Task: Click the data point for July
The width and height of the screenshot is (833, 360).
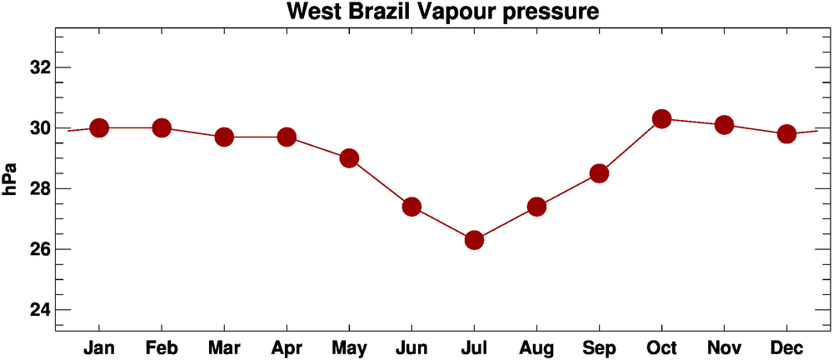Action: click(x=474, y=240)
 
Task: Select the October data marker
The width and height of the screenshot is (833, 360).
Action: click(x=661, y=119)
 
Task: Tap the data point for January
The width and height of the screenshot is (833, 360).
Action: click(x=99, y=127)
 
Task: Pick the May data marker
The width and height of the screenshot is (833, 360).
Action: click(x=349, y=158)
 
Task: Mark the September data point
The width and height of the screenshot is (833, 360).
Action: click(x=599, y=173)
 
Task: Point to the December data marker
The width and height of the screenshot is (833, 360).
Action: click(x=786, y=134)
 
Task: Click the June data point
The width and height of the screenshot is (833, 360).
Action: click(x=412, y=207)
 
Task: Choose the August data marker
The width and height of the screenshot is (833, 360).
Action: click(x=536, y=207)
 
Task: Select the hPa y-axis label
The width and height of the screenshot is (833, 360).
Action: click(x=11, y=180)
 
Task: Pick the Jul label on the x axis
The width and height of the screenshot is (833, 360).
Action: click(x=474, y=347)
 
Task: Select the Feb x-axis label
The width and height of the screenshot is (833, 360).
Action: click(x=162, y=347)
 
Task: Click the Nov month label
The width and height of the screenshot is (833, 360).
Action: click(x=724, y=347)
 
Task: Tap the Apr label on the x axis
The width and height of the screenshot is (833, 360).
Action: click(x=287, y=347)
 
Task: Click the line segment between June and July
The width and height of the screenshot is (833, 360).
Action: click(x=442, y=223)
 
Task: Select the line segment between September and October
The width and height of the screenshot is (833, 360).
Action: click(x=630, y=147)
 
